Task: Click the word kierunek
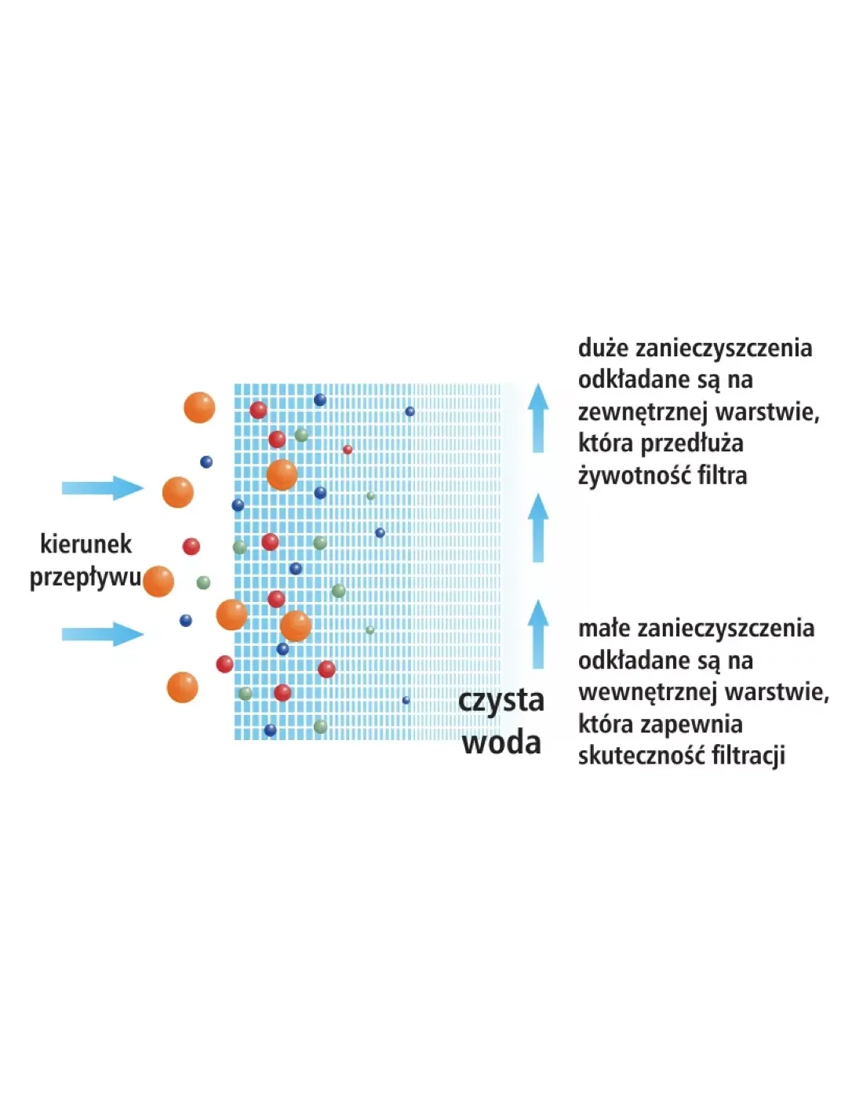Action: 86,544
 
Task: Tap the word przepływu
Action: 85,578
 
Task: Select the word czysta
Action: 501,701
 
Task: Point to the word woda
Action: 501,742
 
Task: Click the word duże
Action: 603,348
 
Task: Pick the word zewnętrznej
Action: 643,412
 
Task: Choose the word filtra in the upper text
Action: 722,476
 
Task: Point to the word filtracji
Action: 748,756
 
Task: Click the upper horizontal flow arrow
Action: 102,488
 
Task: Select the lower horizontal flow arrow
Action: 102,633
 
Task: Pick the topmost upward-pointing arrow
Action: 537,418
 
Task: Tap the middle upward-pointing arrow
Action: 537,527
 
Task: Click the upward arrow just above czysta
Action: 537,634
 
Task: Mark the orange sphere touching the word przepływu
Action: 158,582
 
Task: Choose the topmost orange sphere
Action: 199,408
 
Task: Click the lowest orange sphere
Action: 183,687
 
